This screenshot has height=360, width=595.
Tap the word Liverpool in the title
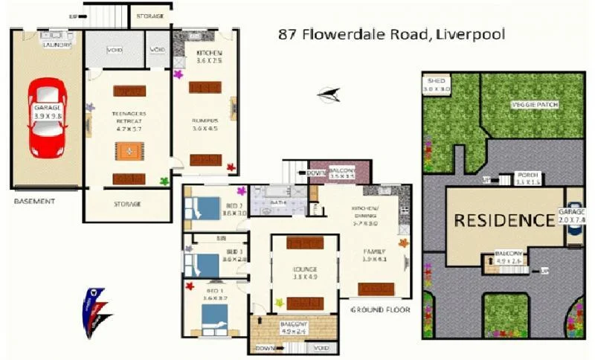pos(472,33)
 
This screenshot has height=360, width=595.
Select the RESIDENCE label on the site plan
pos(504,220)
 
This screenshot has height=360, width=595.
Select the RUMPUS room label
pos(205,120)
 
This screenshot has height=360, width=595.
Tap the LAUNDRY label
pos(57,45)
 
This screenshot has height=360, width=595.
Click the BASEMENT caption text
pos(34,201)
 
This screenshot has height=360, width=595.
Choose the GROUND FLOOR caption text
pos(380,308)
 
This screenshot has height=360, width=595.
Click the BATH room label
pos(279,202)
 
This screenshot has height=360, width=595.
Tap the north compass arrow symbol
pos(328,94)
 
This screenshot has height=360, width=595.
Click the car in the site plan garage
pos(575,217)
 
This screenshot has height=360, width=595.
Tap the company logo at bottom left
pos(95,311)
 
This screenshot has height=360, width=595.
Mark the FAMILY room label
pos(373,250)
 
